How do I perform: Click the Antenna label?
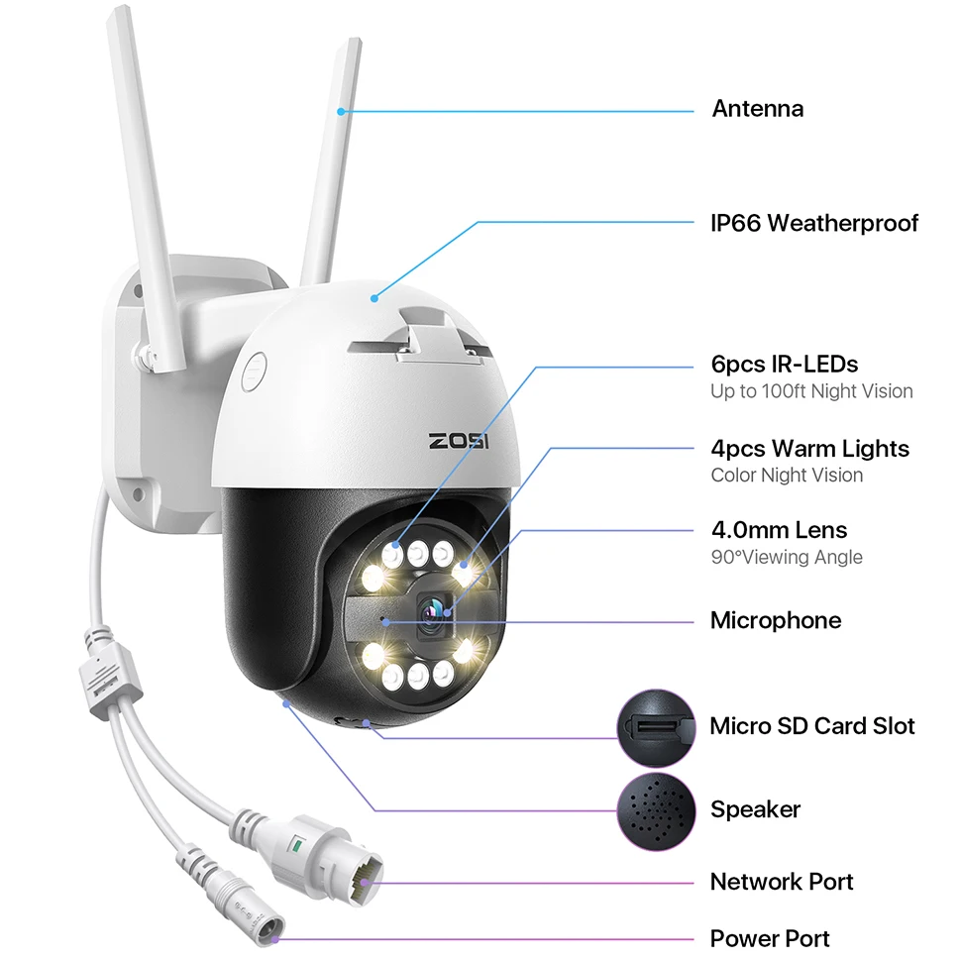click(757, 109)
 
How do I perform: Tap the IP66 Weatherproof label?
click(814, 223)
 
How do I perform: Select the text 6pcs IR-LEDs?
click(784, 364)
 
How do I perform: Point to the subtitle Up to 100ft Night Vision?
click(811, 391)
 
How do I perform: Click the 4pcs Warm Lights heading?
click(809, 449)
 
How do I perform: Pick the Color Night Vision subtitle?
click(787, 476)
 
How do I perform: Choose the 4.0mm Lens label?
click(779, 530)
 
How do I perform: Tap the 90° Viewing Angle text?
click(787, 557)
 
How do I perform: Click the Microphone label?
click(776, 621)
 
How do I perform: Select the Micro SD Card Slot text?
click(811, 726)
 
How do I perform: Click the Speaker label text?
click(755, 809)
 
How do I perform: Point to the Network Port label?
click(782, 882)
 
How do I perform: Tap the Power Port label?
click(770, 937)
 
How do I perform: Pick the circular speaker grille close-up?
click(656, 809)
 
